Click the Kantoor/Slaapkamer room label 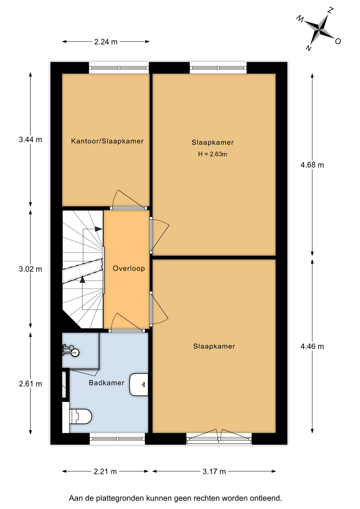click(x=107, y=141)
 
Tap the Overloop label click(x=129, y=268)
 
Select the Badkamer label click(x=107, y=383)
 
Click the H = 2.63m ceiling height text click(x=213, y=154)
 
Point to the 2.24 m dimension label click(x=106, y=42)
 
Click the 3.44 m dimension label click(x=30, y=139)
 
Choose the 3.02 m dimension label click(x=30, y=269)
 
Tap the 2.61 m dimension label click(x=30, y=384)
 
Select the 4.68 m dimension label click(x=312, y=165)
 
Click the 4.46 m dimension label click(x=312, y=346)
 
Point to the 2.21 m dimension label click(x=105, y=472)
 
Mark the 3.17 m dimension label click(x=214, y=472)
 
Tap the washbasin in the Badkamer click(x=139, y=385)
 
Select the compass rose click(x=319, y=30)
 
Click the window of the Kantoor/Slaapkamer click(x=119, y=68)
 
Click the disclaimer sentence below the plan click(x=175, y=498)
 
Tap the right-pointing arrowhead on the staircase click(x=99, y=229)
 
